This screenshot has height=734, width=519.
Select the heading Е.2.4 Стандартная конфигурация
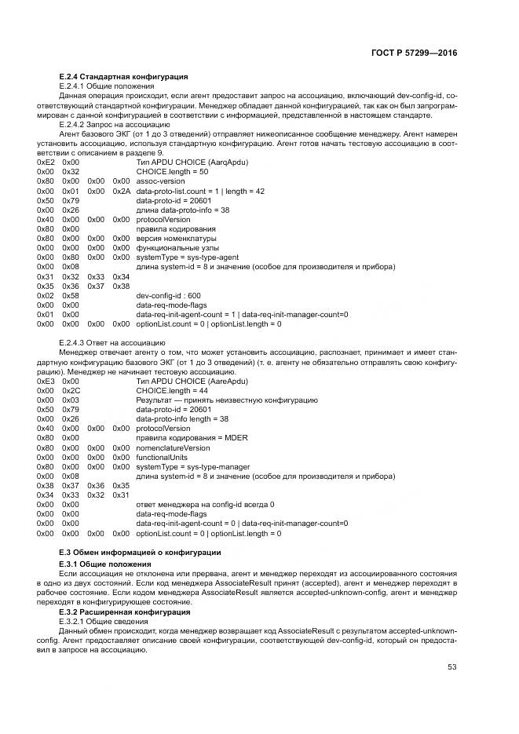(x=123, y=76)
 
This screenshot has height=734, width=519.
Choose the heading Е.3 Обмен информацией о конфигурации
(x=141, y=553)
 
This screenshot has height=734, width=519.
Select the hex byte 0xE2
(x=46, y=161)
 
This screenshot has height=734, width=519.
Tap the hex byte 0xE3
(x=46, y=380)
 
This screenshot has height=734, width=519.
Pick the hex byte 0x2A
(x=121, y=191)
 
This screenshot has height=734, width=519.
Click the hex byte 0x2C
(x=71, y=390)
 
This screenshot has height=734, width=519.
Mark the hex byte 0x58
(x=71, y=294)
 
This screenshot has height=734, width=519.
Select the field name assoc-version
(x=160, y=181)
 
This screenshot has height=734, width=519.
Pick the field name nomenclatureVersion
(x=174, y=447)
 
